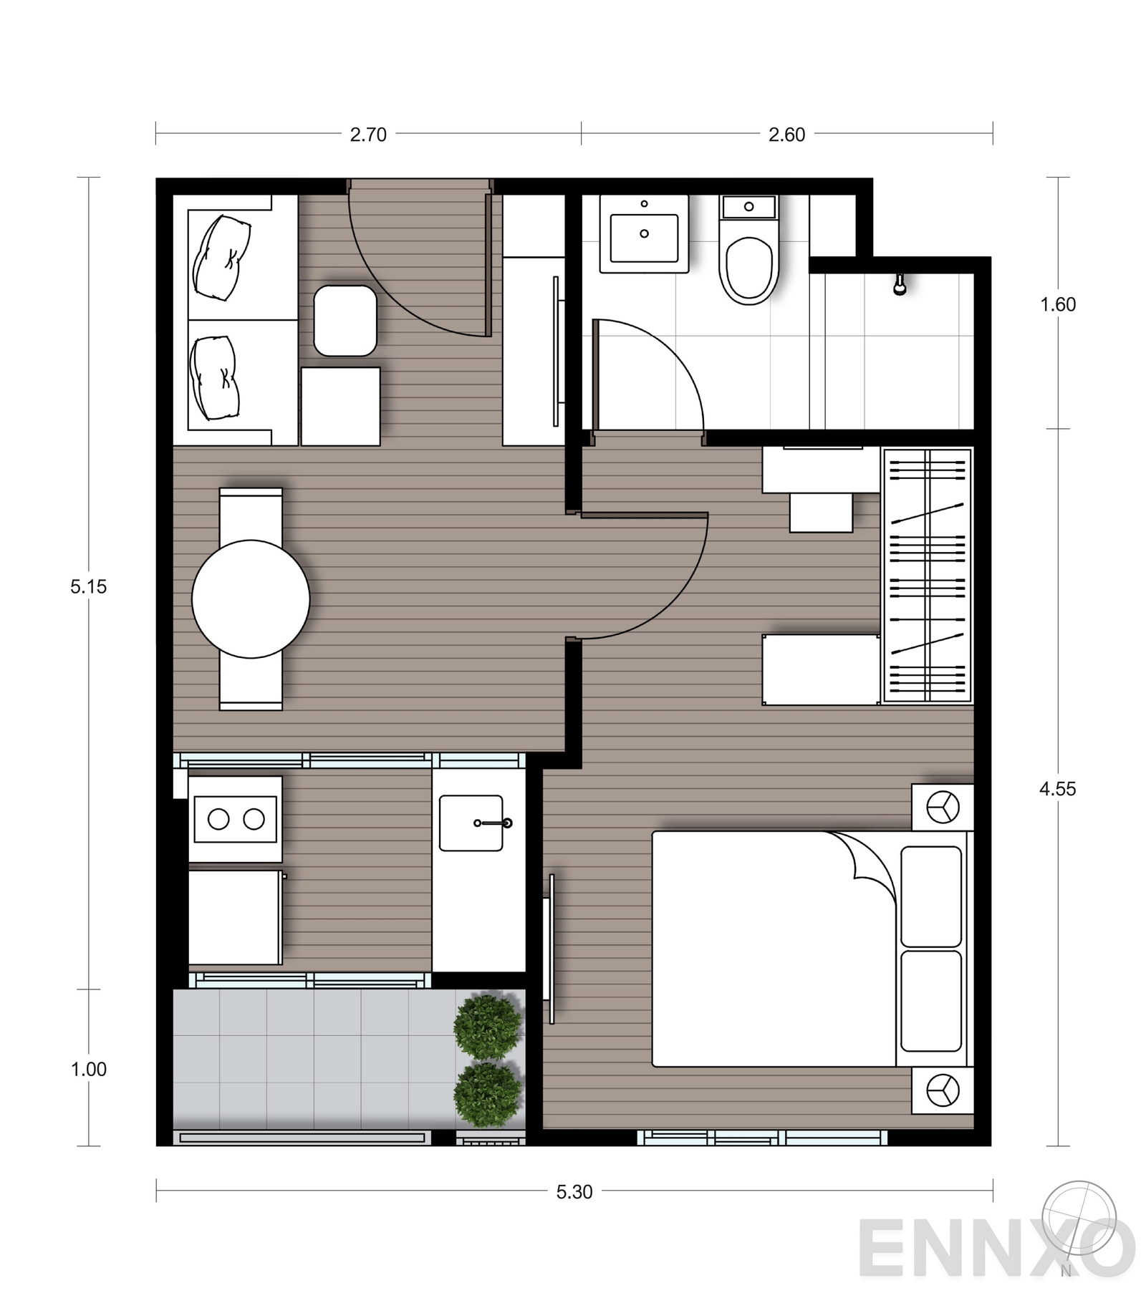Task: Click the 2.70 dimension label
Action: [368, 135]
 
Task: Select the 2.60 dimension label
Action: [786, 135]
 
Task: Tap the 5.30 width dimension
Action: [574, 1192]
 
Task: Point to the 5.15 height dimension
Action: [88, 587]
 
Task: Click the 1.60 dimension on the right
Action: [1058, 305]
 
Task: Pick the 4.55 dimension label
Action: [1057, 789]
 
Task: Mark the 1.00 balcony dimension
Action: [88, 1070]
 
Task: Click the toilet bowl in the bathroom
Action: [749, 269]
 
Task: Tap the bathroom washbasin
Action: [644, 234]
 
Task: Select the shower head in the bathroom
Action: [899, 286]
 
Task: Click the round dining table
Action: [251, 599]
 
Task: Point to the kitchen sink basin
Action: [471, 823]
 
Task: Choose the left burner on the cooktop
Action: [218, 819]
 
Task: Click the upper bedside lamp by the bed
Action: [942, 808]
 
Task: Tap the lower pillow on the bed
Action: [931, 1000]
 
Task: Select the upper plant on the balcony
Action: [488, 1027]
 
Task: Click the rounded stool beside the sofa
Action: [345, 321]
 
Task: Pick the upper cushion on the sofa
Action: [222, 258]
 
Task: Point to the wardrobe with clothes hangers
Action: [927, 576]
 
